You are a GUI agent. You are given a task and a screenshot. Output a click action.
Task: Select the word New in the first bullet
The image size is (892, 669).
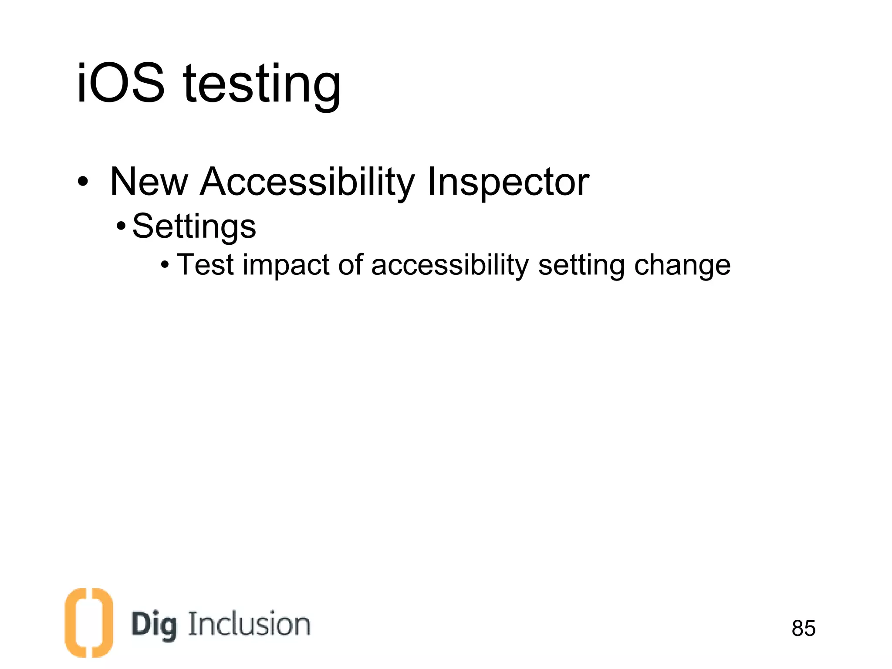(x=149, y=182)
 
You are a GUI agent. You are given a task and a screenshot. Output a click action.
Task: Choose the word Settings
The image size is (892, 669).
(x=194, y=227)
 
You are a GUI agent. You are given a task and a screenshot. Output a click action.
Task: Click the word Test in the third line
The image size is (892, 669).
(x=206, y=265)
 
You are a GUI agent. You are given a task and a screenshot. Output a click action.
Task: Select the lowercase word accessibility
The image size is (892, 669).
(x=450, y=266)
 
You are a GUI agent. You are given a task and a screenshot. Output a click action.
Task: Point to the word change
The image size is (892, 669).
(x=682, y=266)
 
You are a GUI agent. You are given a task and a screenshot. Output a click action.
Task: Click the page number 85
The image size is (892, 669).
(x=804, y=628)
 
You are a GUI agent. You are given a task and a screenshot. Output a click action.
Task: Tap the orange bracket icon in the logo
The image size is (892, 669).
(x=89, y=622)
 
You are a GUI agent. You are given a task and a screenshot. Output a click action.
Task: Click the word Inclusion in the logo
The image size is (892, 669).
(x=249, y=624)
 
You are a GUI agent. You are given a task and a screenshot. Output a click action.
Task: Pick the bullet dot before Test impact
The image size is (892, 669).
(x=165, y=264)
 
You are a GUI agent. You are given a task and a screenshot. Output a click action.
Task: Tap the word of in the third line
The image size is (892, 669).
(x=351, y=265)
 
